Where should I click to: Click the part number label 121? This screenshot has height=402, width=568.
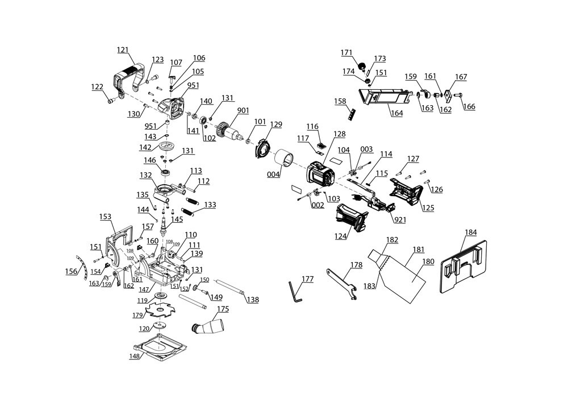pos(123,50)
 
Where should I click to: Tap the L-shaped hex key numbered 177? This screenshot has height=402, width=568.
pos(295,292)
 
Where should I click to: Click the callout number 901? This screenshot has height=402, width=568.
pos(243,110)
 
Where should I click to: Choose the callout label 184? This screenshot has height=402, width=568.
pos(471,232)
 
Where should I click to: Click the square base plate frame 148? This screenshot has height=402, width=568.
pos(161,348)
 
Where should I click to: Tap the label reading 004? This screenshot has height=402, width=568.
pos(274,175)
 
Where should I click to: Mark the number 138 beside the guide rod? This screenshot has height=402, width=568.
pos(253,300)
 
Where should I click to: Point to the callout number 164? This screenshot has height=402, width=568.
pos(396,114)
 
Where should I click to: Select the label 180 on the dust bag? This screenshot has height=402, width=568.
pos(428,262)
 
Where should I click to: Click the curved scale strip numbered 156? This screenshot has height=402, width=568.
pos(82,270)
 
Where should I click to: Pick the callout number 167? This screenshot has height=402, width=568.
pos(461,77)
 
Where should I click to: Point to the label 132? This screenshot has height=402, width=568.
pos(146,175)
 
